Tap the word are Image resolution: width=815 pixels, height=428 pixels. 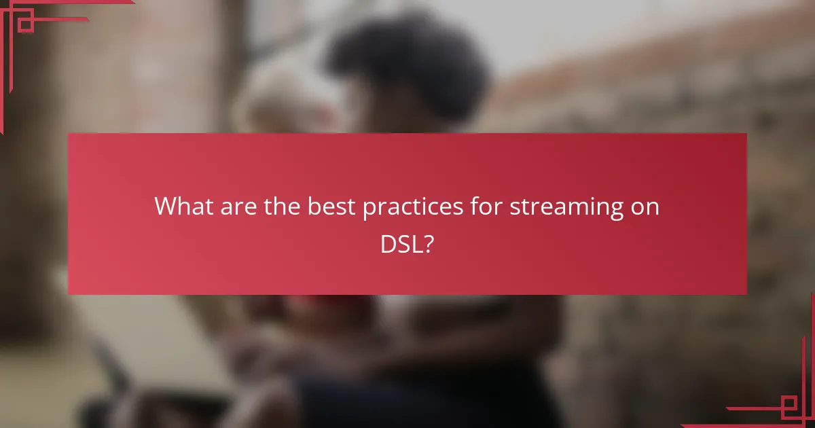point(233,207)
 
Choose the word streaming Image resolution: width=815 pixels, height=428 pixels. point(565,207)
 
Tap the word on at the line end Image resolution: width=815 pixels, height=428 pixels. point(645,207)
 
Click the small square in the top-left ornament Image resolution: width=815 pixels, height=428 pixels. point(26,25)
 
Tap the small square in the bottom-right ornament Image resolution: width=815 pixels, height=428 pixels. point(789,407)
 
